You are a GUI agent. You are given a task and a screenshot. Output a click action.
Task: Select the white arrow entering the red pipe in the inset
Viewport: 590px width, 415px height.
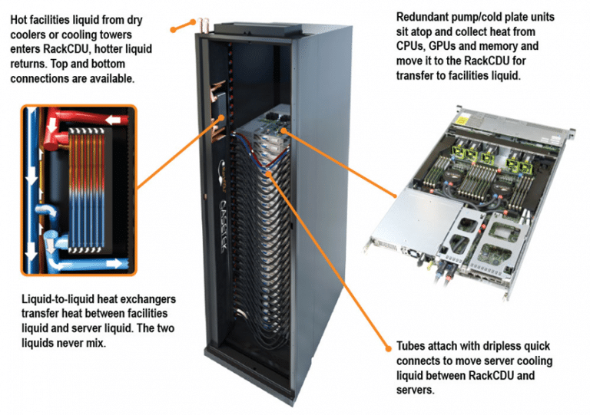click(x=116, y=120)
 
